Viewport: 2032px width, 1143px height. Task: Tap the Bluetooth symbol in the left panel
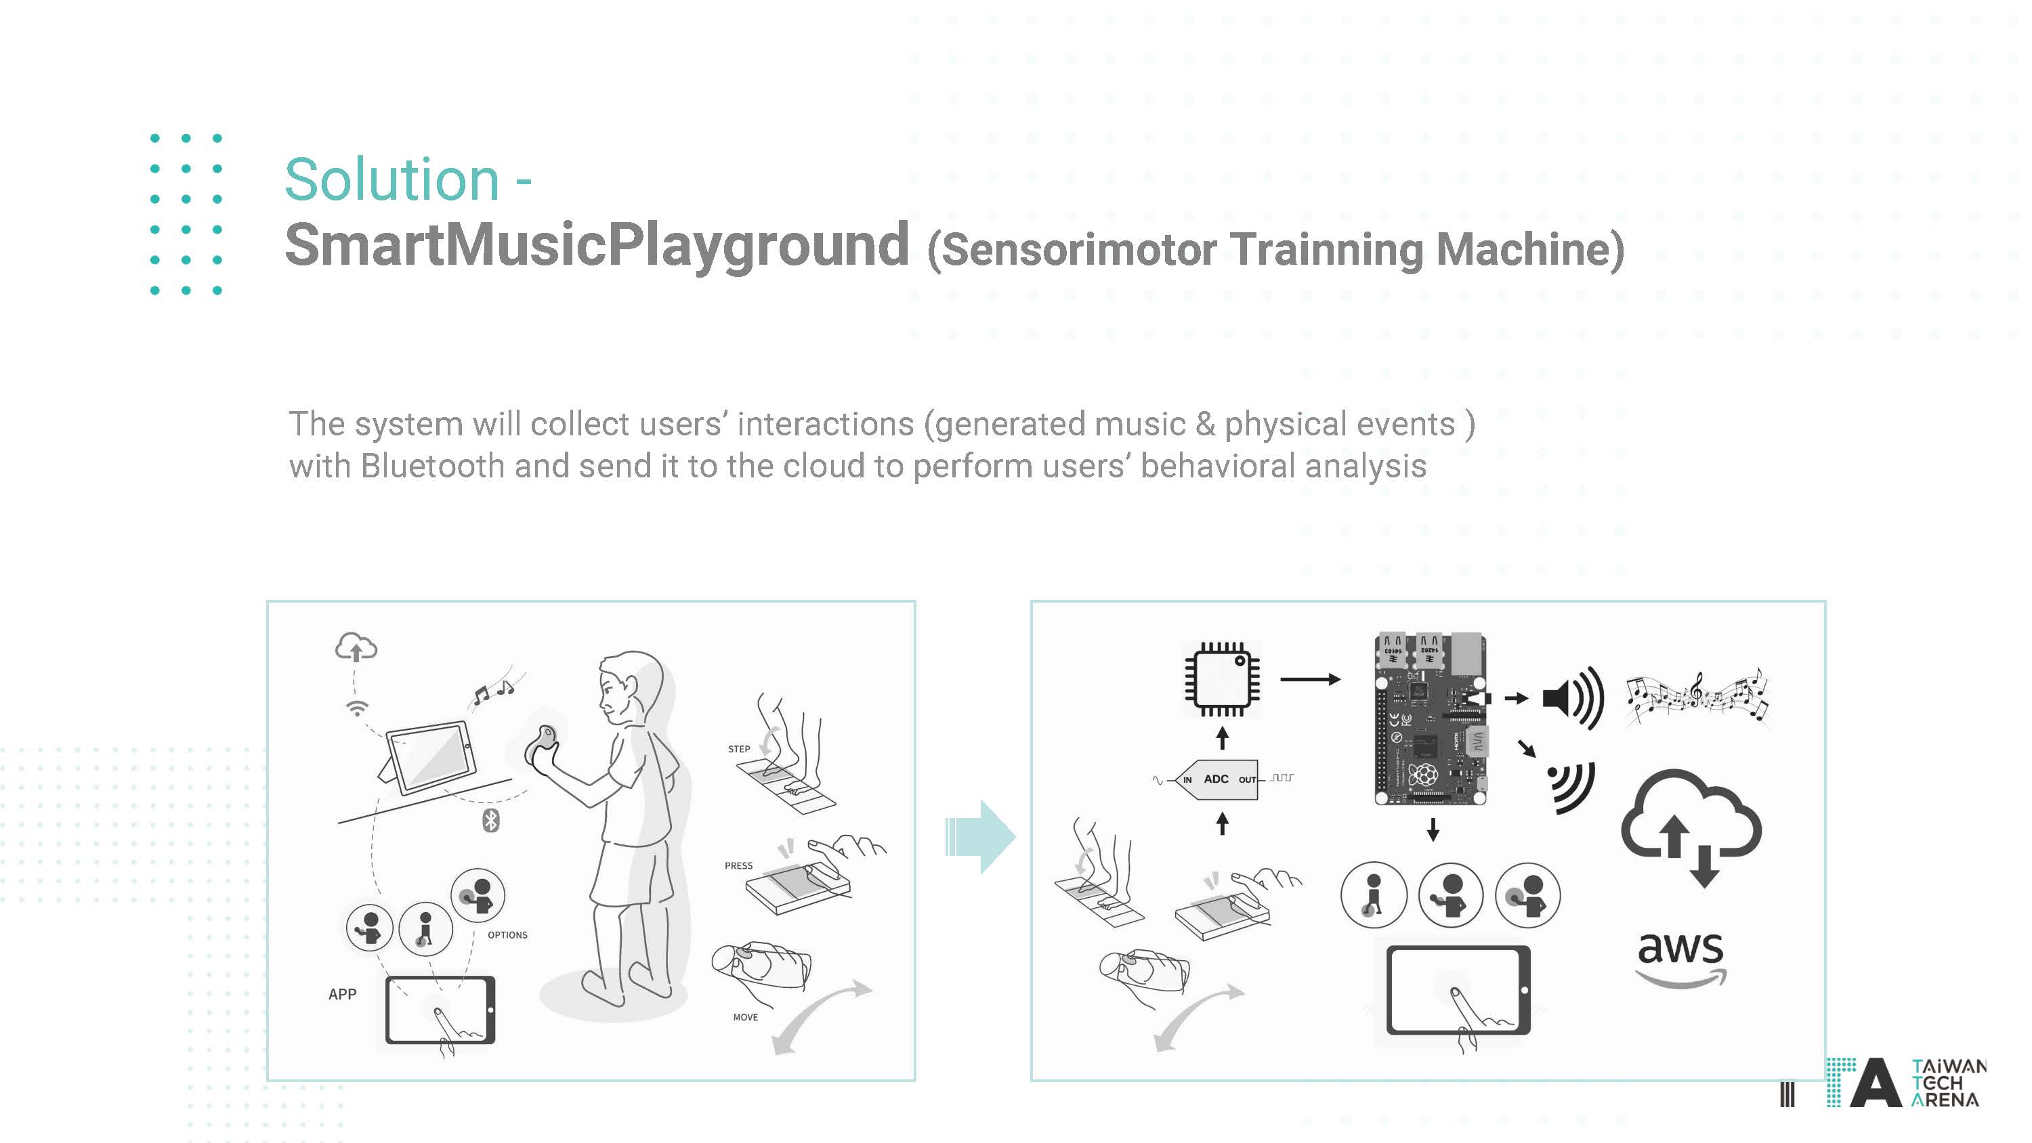tap(490, 821)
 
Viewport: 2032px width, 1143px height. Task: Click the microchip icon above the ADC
tap(1222, 679)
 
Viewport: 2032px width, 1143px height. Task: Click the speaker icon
tap(1573, 698)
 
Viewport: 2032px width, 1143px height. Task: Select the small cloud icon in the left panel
tap(356, 647)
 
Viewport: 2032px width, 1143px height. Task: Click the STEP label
tap(739, 749)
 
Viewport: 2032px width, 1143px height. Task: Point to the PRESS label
tap(738, 865)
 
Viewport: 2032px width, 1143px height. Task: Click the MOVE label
tap(746, 1017)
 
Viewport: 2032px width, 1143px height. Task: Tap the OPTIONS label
tap(507, 934)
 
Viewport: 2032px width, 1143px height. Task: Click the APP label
tap(342, 994)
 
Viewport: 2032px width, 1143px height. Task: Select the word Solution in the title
tap(392, 180)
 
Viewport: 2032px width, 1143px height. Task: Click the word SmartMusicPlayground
tap(597, 245)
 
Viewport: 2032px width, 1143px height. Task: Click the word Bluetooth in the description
tap(432, 465)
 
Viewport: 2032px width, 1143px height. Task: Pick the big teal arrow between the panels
tap(981, 836)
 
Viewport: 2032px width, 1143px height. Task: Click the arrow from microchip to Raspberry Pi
tap(1310, 679)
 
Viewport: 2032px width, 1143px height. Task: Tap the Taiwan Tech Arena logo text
tap(1947, 1083)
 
